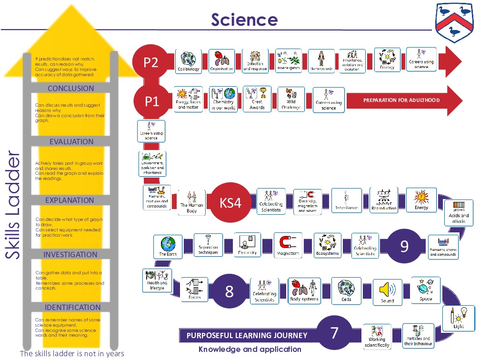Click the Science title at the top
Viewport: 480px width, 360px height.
coord(244,20)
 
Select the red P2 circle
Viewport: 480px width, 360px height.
coord(151,62)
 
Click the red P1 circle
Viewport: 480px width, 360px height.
coord(152,101)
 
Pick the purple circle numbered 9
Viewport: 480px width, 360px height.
coord(404,246)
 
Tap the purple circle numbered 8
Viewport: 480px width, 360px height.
coord(229,291)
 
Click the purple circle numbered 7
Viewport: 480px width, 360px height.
coord(334,333)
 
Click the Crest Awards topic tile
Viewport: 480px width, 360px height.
coord(257,99)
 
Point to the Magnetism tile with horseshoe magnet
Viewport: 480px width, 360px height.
coord(288,245)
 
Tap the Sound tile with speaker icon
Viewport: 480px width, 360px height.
coord(387,291)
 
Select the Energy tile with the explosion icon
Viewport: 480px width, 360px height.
coord(421,200)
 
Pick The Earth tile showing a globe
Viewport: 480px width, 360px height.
coord(168,247)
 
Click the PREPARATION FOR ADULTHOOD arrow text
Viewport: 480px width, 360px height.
coord(401,100)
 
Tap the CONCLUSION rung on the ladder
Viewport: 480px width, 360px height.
coord(70,89)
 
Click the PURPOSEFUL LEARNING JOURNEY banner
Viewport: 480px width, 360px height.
coord(247,335)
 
